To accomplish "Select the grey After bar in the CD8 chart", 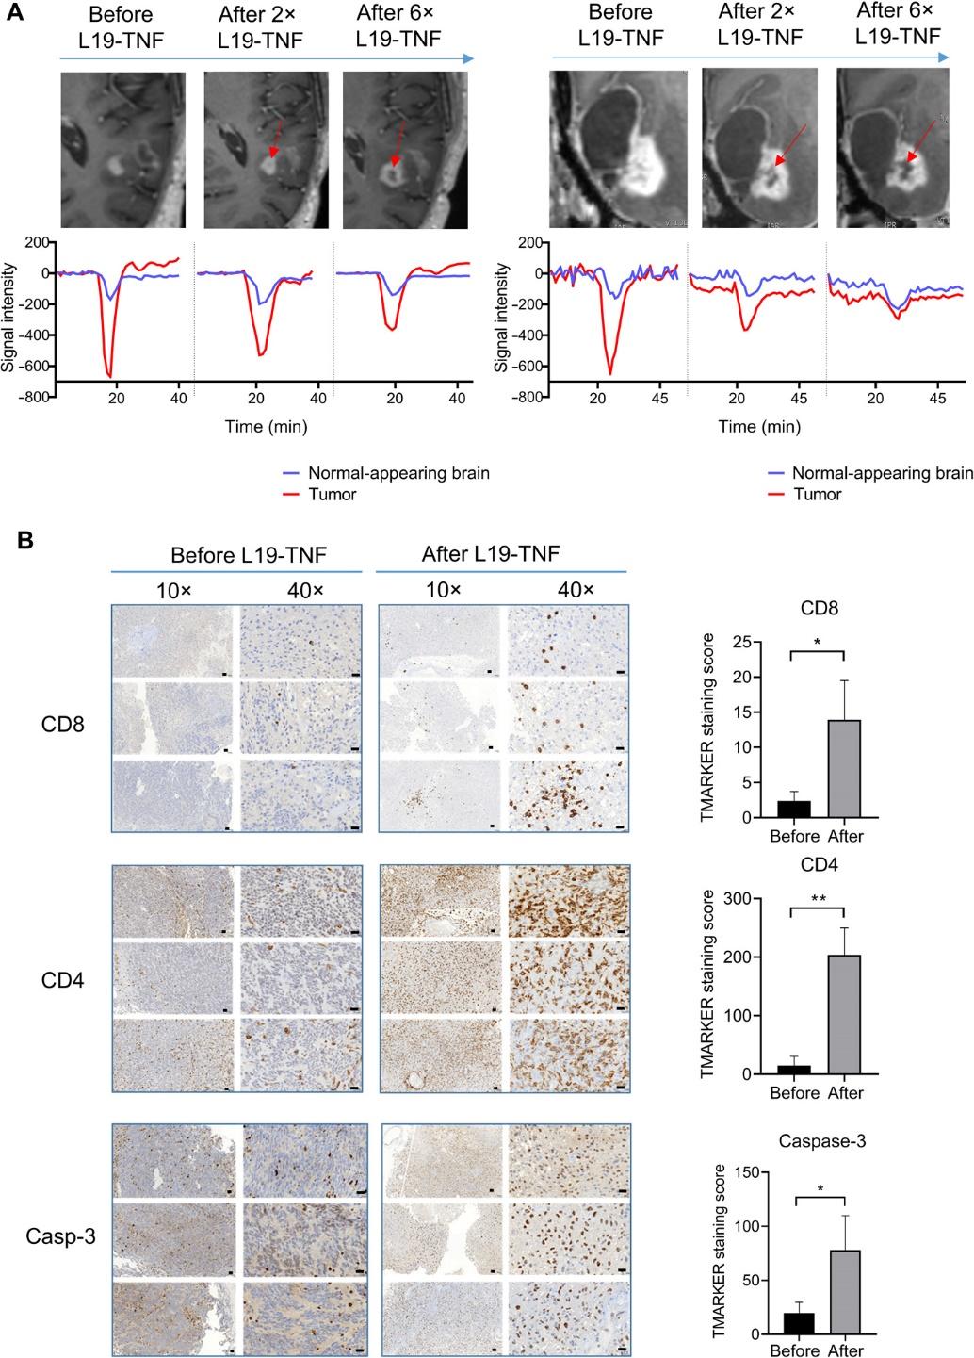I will coord(845,768).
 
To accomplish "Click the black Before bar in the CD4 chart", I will coord(795,1070).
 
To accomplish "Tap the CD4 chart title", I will coord(819,864).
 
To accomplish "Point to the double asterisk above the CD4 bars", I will coord(819,899).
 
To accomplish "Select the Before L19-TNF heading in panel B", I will coord(235,553).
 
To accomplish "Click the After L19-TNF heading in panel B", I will coord(499,553).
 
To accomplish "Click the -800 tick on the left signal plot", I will coord(35,397).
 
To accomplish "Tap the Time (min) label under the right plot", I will coord(758,427).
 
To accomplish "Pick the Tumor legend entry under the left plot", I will coord(331,493).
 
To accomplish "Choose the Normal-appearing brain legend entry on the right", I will coord(882,473).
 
